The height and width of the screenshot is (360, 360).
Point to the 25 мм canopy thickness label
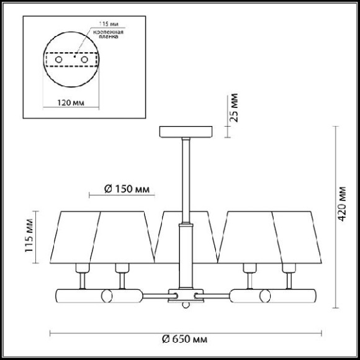[234, 108]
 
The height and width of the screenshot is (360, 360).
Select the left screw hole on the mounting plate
[60, 60]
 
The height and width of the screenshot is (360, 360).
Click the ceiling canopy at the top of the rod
[186, 132]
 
